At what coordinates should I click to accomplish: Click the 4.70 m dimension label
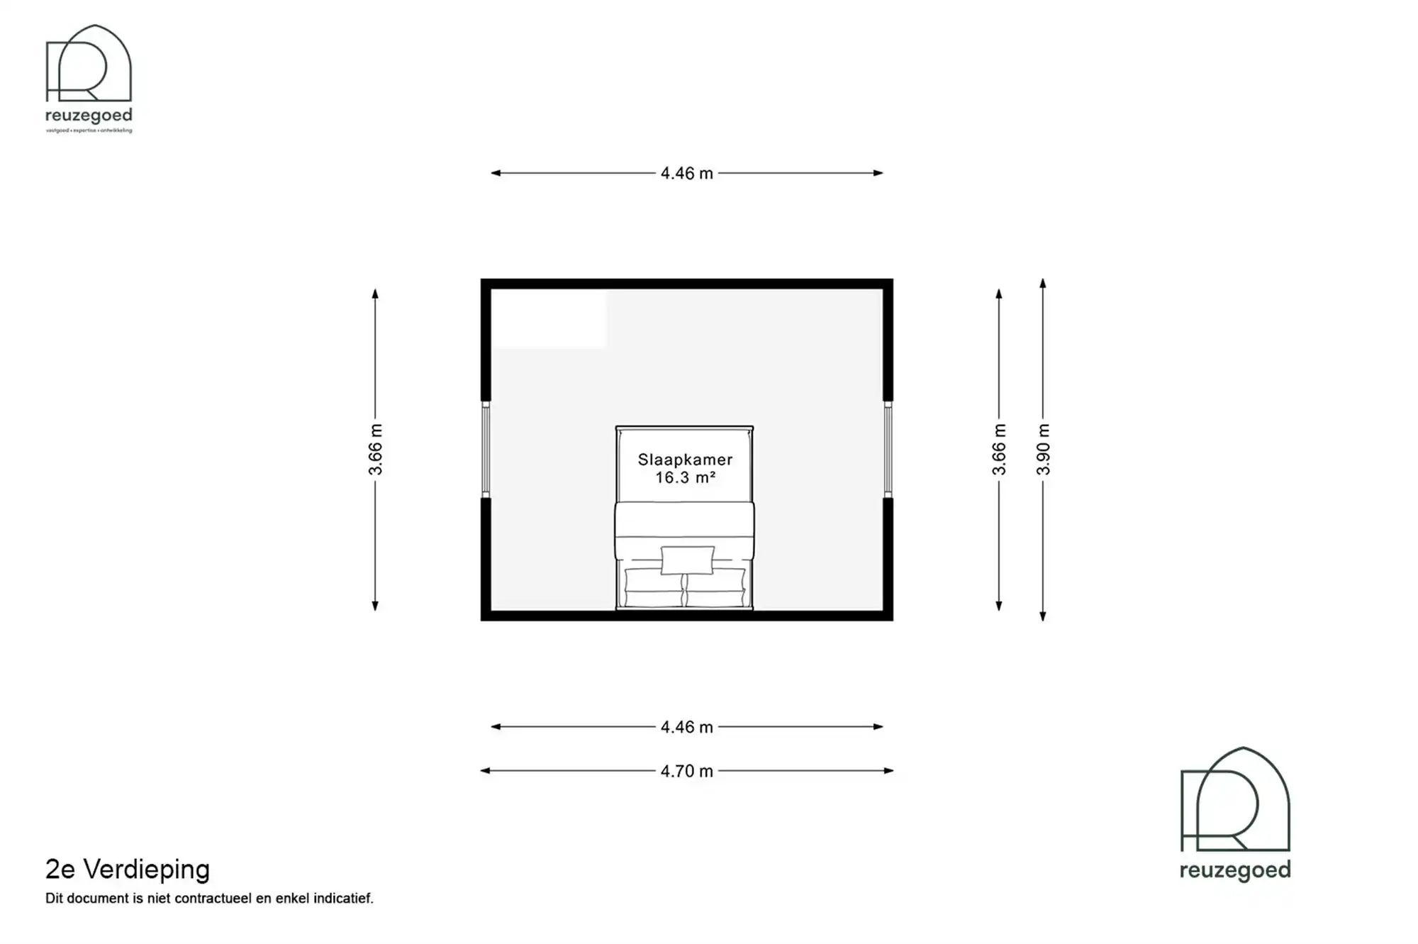(x=686, y=771)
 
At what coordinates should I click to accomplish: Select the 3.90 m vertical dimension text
(x=1043, y=450)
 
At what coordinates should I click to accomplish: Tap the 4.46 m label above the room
(x=686, y=173)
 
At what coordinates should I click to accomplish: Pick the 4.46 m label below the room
(x=686, y=727)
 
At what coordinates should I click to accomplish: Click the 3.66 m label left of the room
(x=375, y=450)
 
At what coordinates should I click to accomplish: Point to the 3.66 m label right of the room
(x=999, y=450)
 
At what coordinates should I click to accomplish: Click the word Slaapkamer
(x=685, y=460)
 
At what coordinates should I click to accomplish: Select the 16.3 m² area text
(x=685, y=478)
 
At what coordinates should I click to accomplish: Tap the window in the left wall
(x=486, y=449)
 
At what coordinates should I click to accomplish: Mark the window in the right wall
(x=888, y=449)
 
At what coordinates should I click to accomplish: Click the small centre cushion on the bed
(x=687, y=560)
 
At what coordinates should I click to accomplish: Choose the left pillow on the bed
(x=653, y=589)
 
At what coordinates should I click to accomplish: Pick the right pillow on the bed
(x=716, y=589)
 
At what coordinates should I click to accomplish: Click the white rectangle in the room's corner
(x=549, y=318)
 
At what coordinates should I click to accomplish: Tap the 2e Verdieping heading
(x=128, y=869)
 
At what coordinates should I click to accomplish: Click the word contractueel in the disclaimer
(x=213, y=899)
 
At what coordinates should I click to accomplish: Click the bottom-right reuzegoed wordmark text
(x=1235, y=870)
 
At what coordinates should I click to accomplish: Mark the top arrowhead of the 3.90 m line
(x=1043, y=283)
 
